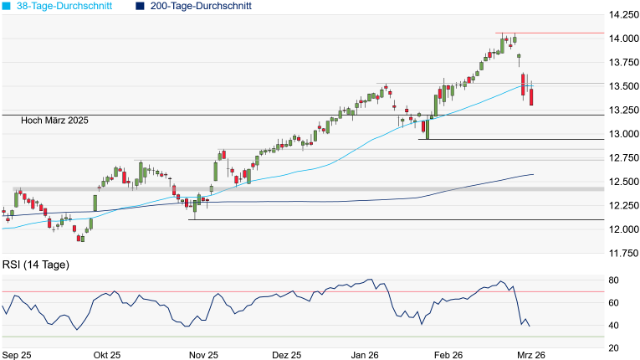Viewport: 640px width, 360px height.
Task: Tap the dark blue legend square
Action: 141,6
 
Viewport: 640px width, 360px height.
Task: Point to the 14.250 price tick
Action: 623,15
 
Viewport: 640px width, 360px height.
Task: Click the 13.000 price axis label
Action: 623,134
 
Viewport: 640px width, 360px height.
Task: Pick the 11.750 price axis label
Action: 623,253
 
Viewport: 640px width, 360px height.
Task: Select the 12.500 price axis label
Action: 623,182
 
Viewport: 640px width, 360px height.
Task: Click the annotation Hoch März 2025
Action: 57,121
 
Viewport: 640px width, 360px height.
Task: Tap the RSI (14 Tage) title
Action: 36,265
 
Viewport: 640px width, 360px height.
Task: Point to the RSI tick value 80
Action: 613,280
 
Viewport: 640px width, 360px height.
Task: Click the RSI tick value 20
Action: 613,347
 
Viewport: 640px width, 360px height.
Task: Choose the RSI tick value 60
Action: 613,302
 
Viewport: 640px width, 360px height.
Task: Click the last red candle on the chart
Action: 531,96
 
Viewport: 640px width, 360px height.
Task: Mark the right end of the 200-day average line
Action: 534,174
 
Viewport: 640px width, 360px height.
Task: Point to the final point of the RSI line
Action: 530,326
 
